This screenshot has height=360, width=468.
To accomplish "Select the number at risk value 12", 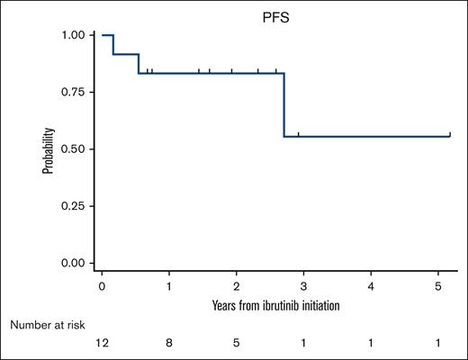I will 103,343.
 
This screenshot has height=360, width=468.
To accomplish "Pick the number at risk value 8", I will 169,343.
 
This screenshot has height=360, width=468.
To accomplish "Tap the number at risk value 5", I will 237,343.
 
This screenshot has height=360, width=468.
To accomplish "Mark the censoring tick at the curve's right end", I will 449,134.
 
